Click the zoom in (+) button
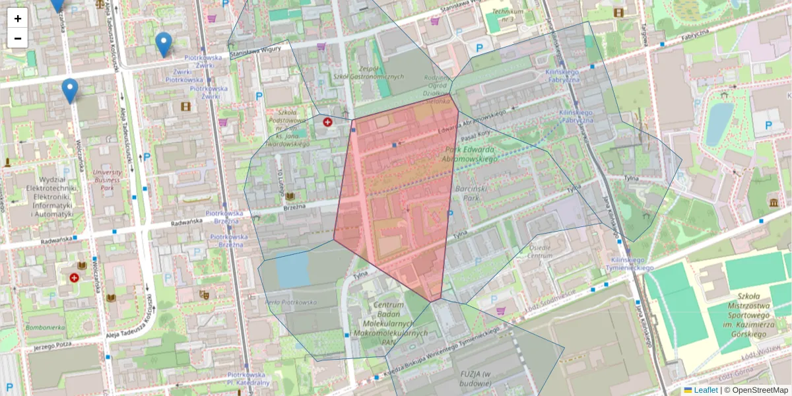(x=18, y=18)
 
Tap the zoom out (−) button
(x=18, y=38)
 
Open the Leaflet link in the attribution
(x=705, y=390)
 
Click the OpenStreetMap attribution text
(x=760, y=390)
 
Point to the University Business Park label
(x=107, y=180)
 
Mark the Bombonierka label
(x=44, y=327)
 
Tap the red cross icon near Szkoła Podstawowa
(x=327, y=122)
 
